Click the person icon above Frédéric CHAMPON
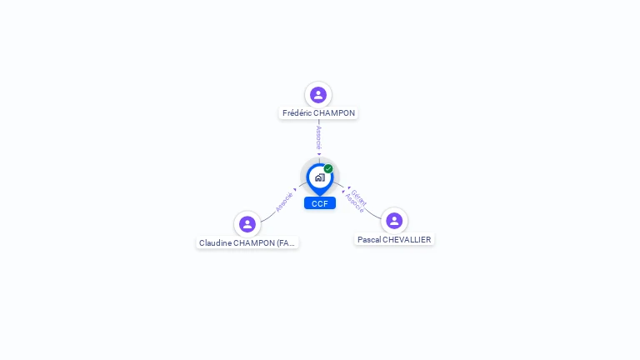point(317,94)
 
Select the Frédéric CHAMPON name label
point(318,112)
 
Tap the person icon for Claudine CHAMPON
point(247,223)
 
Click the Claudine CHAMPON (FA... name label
point(247,242)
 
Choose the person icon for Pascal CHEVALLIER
point(394,220)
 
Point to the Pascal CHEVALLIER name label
point(394,239)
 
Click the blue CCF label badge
point(319,202)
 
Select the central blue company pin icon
point(318,177)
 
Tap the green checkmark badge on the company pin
point(328,169)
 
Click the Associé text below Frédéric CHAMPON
point(318,137)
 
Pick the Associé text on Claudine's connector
point(284,202)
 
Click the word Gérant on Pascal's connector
point(359,197)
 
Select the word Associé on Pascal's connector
point(354,203)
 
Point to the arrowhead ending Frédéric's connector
point(318,154)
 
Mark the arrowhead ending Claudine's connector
point(295,190)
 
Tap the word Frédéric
point(297,112)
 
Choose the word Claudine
point(215,242)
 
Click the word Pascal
point(369,239)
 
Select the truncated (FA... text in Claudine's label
point(285,242)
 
